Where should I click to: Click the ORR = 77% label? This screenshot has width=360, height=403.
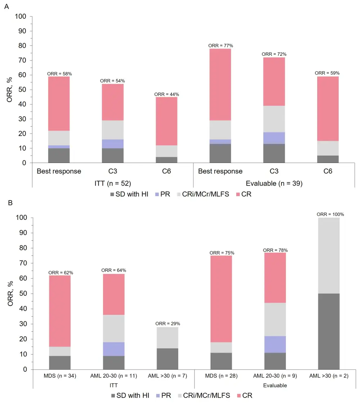[221, 46]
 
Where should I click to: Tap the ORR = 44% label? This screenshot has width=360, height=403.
[166, 94]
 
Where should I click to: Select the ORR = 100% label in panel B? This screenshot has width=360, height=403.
[330, 214]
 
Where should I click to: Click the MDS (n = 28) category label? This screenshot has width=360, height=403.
[221, 376]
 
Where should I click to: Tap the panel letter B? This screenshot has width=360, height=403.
[10, 203]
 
